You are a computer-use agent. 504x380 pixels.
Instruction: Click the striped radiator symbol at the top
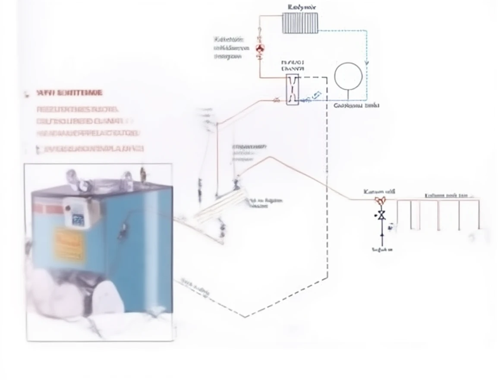[300, 22]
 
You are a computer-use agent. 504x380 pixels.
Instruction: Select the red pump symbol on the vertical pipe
[260, 48]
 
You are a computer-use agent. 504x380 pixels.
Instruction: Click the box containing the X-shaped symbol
[292, 89]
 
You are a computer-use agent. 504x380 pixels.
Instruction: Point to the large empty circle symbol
[349, 76]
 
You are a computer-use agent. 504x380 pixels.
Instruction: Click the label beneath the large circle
[357, 105]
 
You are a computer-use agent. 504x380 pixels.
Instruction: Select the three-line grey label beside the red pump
[231, 47]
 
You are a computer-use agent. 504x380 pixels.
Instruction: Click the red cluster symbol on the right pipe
[381, 200]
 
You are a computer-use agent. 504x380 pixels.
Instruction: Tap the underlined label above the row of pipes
[446, 195]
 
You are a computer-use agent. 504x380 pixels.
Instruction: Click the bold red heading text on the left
[69, 93]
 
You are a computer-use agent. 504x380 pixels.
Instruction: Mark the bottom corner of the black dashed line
[245, 317]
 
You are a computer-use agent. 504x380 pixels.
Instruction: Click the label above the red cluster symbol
[379, 191]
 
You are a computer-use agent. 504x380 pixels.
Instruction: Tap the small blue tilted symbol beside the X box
[316, 95]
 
